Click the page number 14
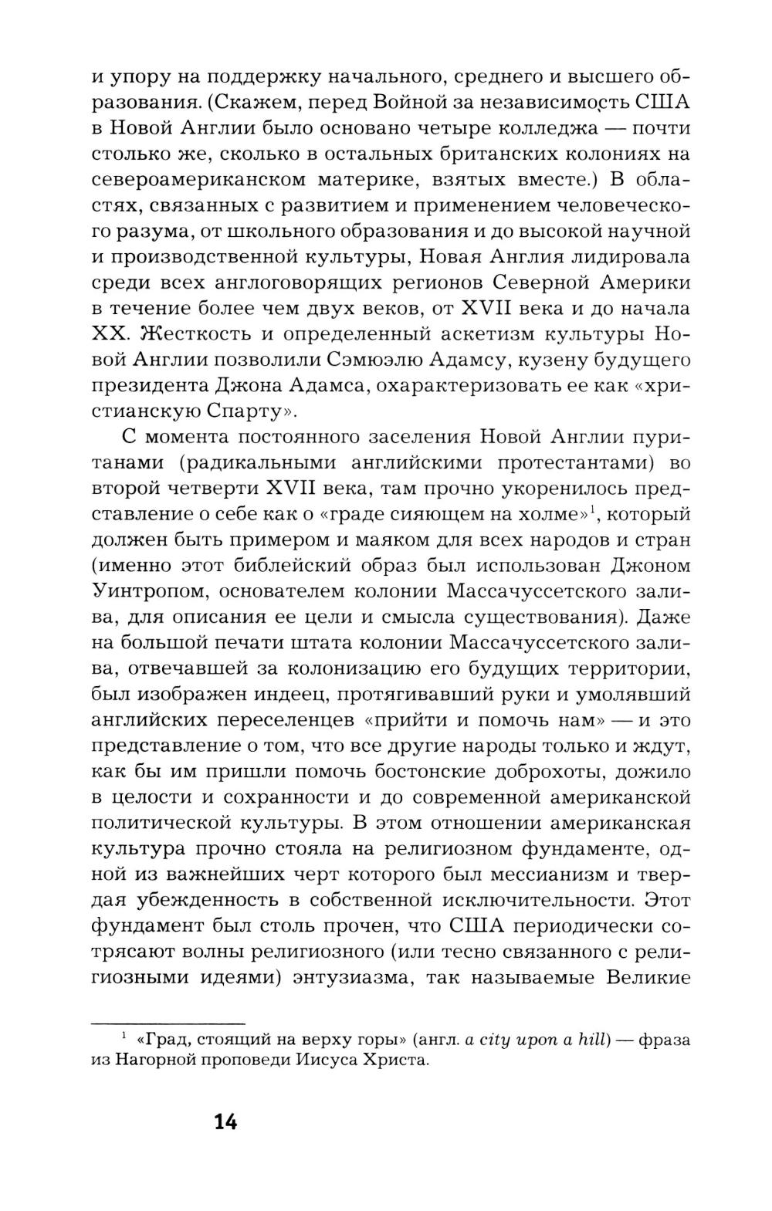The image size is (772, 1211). (x=226, y=1121)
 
